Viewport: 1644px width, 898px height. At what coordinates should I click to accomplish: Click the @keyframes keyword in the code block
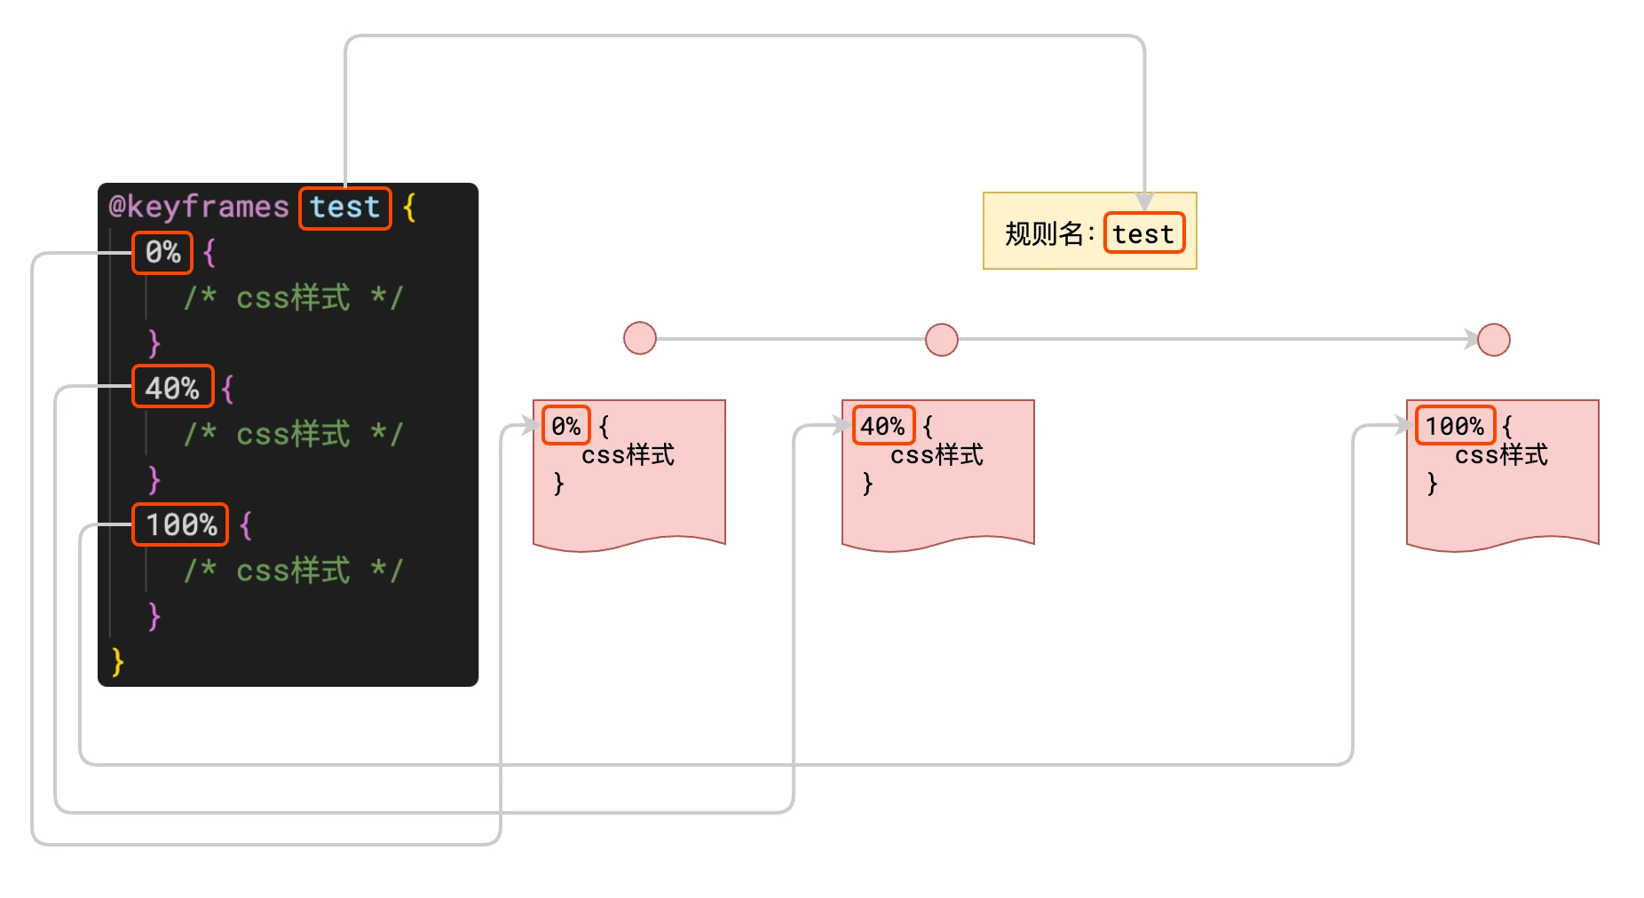(x=198, y=208)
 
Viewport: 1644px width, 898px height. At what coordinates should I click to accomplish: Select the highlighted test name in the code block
(x=344, y=208)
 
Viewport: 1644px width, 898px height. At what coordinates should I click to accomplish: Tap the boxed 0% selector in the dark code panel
(x=162, y=253)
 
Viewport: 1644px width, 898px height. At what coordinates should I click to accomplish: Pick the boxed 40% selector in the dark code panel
(x=172, y=388)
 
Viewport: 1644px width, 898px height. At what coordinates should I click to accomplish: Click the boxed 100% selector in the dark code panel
(x=180, y=524)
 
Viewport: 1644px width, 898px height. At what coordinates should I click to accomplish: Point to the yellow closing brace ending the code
(x=117, y=662)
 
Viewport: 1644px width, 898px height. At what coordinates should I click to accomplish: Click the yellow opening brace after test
(x=409, y=208)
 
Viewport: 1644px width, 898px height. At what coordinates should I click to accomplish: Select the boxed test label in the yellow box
(x=1143, y=233)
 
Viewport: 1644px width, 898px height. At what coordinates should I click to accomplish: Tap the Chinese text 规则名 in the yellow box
(x=1045, y=233)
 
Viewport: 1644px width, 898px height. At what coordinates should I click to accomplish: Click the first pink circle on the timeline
(x=639, y=338)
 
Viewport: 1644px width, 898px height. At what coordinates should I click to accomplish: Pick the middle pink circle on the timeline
(x=941, y=339)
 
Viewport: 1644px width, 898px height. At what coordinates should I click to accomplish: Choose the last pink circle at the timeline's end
(x=1493, y=339)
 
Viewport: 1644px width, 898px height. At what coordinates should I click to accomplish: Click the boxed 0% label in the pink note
(x=565, y=426)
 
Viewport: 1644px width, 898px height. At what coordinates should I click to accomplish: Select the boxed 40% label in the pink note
(x=882, y=426)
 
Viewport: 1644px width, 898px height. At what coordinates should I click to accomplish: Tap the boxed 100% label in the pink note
(x=1454, y=426)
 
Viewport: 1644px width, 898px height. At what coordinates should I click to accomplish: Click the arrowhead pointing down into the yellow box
(x=1144, y=201)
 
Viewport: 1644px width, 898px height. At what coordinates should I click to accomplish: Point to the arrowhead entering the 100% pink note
(x=1403, y=426)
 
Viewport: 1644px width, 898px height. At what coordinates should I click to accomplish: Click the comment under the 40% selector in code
(x=293, y=434)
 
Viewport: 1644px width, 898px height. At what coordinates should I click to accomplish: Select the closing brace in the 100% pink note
(x=1432, y=484)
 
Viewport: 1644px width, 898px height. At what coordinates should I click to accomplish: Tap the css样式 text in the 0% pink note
(x=628, y=455)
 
